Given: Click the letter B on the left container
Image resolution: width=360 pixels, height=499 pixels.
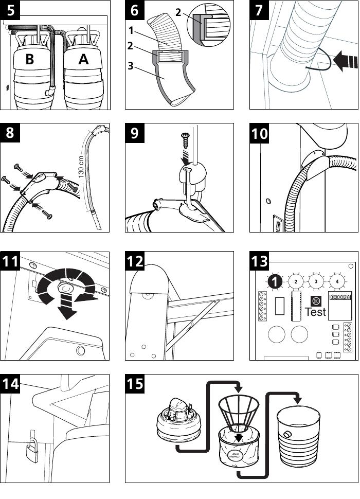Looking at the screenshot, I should point(30,60).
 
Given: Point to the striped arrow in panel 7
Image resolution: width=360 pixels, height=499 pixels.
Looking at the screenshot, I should point(344,62).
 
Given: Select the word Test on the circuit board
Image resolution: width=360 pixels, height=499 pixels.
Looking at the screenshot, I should point(315,311).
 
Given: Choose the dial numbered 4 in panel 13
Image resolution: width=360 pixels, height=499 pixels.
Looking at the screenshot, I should point(337,281).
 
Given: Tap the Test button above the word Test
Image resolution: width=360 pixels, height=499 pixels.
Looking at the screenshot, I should point(315,299).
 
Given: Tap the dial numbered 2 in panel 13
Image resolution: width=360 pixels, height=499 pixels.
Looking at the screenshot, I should point(296,281).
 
